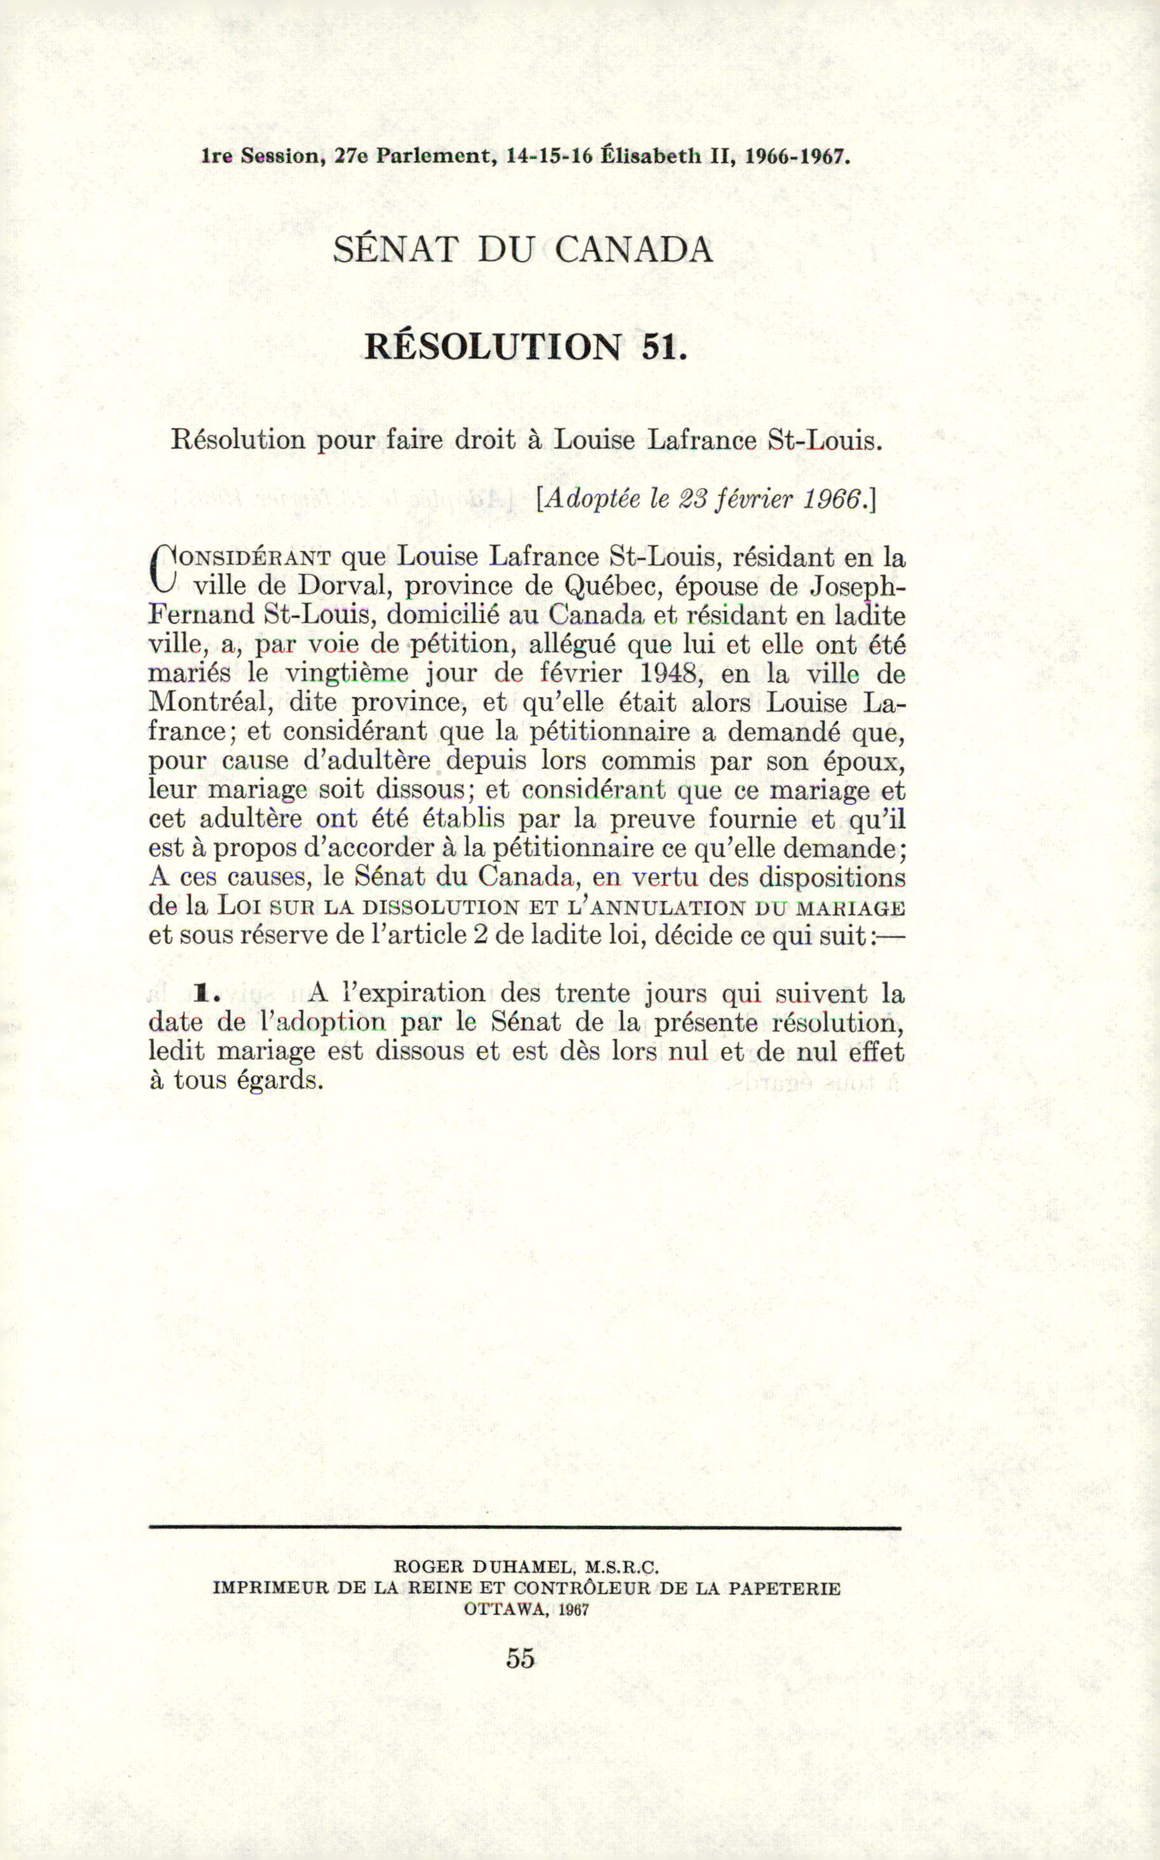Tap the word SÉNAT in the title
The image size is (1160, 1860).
click(395, 250)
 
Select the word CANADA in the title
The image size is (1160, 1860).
click(634, 250)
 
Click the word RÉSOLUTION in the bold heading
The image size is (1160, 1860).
click(493, 348)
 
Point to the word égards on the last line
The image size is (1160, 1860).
click(280, 1081)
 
